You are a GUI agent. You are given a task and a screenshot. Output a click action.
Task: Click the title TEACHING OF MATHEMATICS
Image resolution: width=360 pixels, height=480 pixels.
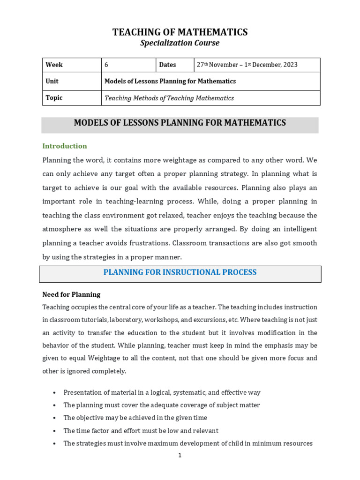[x=180, y=32]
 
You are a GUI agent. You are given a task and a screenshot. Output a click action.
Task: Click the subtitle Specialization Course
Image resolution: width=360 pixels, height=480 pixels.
[x=180, y=43]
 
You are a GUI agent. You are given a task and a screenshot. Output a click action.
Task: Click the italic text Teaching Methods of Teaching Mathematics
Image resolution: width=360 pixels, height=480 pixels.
[x=169, y=98]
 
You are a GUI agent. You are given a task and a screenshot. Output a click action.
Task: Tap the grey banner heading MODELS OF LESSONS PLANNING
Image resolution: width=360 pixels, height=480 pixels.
[x=180, y=123]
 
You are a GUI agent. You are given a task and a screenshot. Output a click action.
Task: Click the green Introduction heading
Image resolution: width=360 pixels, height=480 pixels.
[x=65, y=146]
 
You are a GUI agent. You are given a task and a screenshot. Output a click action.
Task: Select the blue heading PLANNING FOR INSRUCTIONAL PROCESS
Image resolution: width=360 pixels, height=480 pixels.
[x=180, y=272]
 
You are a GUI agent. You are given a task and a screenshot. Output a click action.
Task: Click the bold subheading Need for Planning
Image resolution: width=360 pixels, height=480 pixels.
[x=71, y=294]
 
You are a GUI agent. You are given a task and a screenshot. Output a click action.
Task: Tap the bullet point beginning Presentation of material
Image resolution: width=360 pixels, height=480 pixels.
[x=162, y=392]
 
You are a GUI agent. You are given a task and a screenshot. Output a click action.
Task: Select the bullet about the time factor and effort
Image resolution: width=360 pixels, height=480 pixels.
[x=141, y=430]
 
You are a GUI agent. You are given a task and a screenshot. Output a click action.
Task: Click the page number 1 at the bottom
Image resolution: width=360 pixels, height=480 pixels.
[x=180, y=455]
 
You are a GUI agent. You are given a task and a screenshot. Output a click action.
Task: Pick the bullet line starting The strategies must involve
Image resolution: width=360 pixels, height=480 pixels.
[x=187, y=443]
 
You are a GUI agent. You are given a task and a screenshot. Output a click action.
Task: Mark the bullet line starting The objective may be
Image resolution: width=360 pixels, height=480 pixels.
[x=135, y=418]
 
